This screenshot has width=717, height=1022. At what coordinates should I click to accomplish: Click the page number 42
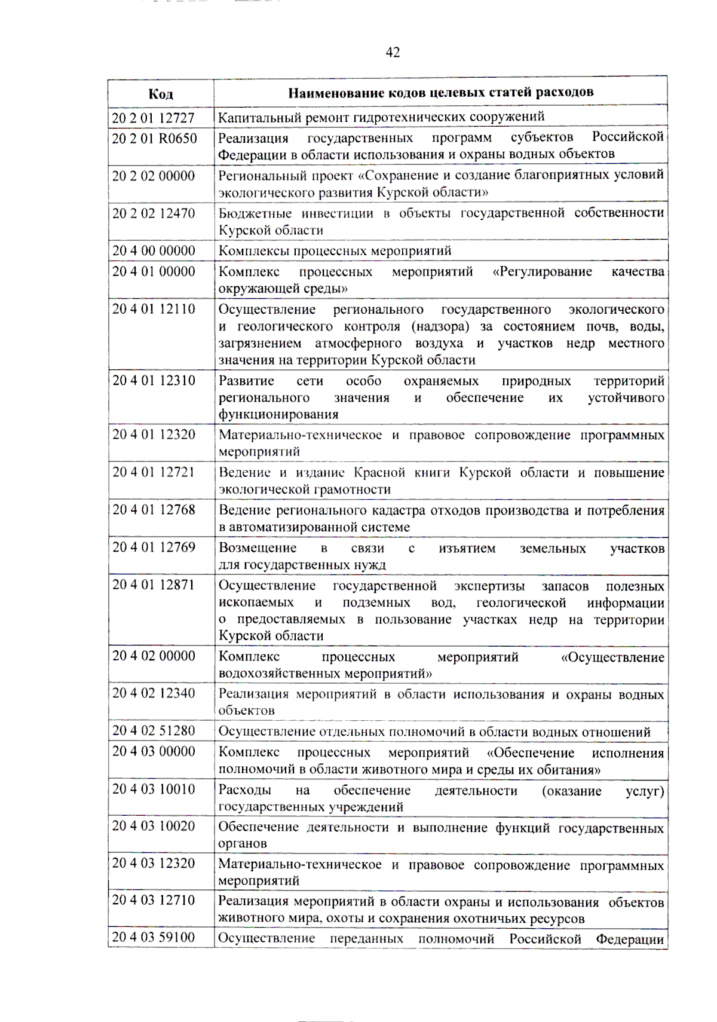tap(393, 53)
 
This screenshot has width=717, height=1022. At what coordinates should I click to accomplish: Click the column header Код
tap(161, 94)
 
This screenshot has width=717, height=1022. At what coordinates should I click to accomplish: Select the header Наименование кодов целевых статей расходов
tap(440, 92)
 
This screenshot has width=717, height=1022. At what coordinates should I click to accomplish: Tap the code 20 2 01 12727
tap(154, 118)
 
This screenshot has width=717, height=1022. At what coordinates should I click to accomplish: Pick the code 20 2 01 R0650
tap(154, 138)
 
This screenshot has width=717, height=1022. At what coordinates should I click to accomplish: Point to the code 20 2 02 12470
tap(154, 213)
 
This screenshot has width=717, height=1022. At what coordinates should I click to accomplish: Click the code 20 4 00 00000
tap(154, 250)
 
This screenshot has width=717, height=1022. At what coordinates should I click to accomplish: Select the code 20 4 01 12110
tap(154, 309)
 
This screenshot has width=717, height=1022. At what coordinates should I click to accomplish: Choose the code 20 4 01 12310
tap(154, 381)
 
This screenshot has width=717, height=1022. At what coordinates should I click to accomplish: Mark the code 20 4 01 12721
tap(154, 472)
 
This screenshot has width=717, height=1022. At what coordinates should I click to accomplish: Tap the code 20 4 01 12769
tap(154, 547)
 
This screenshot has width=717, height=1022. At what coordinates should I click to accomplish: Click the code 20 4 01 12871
tap(154, 585)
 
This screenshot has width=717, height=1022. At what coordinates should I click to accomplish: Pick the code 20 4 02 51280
tap(154, 731)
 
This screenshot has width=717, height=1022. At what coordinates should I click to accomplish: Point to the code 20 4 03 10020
tap(154, 826)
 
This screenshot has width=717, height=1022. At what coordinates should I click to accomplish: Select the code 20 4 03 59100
tap(154, 937)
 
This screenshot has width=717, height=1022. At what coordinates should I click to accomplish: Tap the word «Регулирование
tap(542, 272)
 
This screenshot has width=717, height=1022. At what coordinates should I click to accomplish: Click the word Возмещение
tap(257, 548)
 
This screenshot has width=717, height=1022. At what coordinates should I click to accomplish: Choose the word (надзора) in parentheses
tap(440, 327)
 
